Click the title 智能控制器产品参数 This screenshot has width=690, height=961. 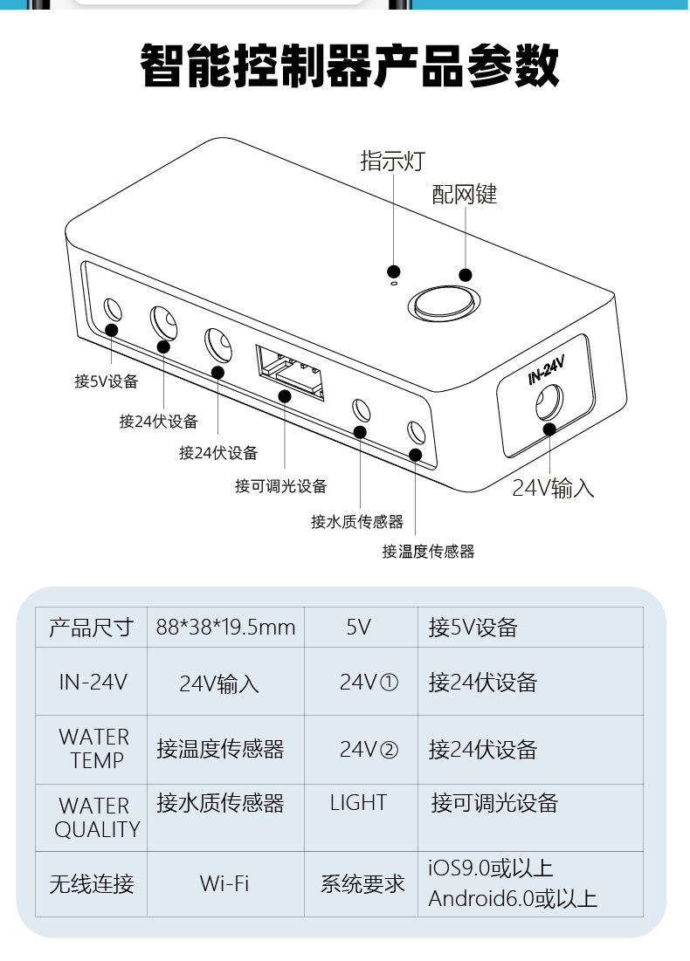pyautogui.click(x=349, y=66)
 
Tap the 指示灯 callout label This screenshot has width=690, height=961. pyautogui.click(x=392, y=161)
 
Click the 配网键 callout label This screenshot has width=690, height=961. pyautogui.click(x=464, y=195)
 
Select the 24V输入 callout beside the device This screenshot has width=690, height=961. pyautogui.click(x=553, y=488)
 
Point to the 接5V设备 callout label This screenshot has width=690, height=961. pyautogui.click(x=107, y=381)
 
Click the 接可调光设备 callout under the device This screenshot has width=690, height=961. pyautogui.click(x=280, y=486)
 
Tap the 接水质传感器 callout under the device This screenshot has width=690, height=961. pyautogui.click(x=357, y=522)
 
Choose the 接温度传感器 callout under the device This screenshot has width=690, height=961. pyautogui.click(x=428, y=552)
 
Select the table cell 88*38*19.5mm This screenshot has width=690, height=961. pyautogui.click(x=225, y=628)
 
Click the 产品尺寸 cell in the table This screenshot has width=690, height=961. pyautogui.click(x=91, y=628)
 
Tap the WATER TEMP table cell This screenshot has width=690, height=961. pyautogui.click(x=93, y=749)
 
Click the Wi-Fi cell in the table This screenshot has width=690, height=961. pyautogui.click(x=224, y=883)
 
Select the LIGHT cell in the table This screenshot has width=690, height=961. pyautogui.click(x=358, y=803)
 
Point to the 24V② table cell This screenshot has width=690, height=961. pyautogui.click(x=369, y=750)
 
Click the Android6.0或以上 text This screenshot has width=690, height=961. pyautogui.click(x=513, y=899)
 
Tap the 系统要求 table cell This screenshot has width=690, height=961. pyautogui.click(x=362, y=883)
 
